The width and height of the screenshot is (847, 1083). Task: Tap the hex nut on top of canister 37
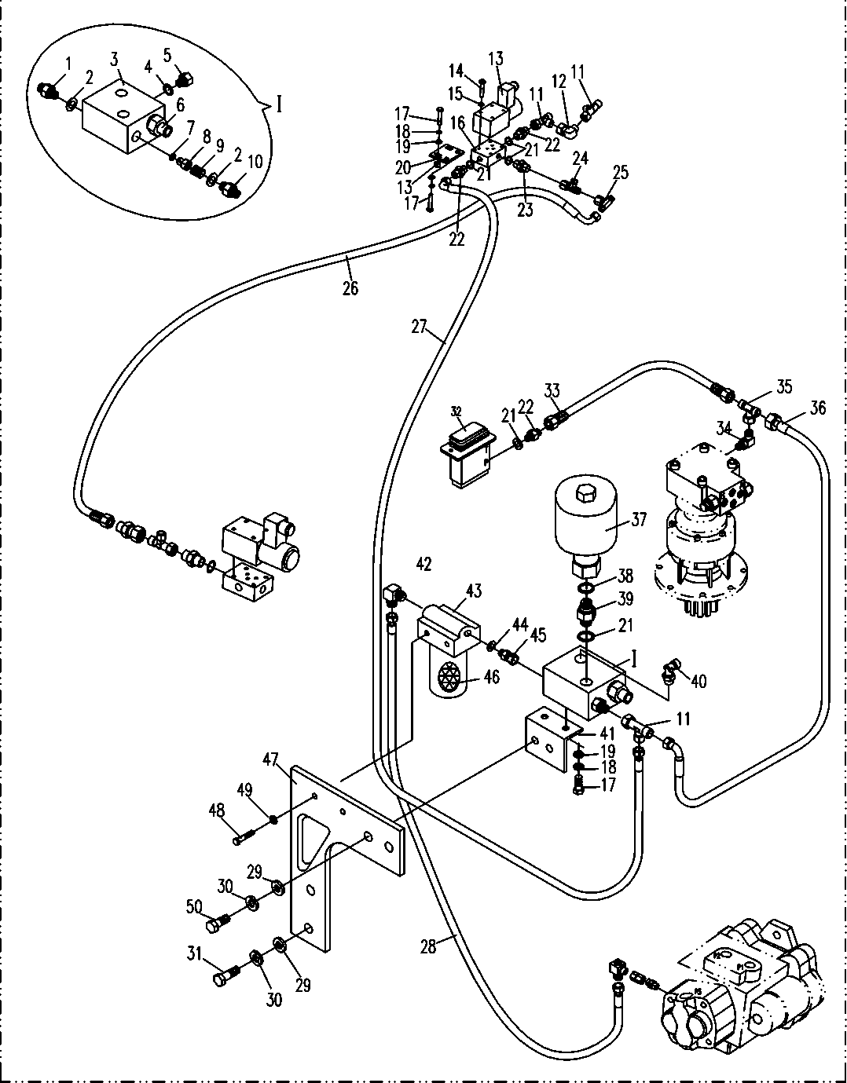pos(585,495)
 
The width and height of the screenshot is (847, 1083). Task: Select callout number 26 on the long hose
pos(350,288)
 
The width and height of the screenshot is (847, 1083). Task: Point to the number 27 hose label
pos(419,326)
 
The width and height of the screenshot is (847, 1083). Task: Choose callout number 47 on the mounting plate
pos(271,759)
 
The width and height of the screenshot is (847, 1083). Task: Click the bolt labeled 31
pos(225,979)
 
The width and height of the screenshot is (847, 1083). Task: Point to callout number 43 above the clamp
pos(474,591)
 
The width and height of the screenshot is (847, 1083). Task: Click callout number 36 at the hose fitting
pos(817,408)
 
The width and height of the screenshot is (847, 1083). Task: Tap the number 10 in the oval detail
pos(255,162)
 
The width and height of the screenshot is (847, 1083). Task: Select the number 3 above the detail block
pos(115,59)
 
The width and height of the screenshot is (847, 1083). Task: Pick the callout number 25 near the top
pos(620,172)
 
